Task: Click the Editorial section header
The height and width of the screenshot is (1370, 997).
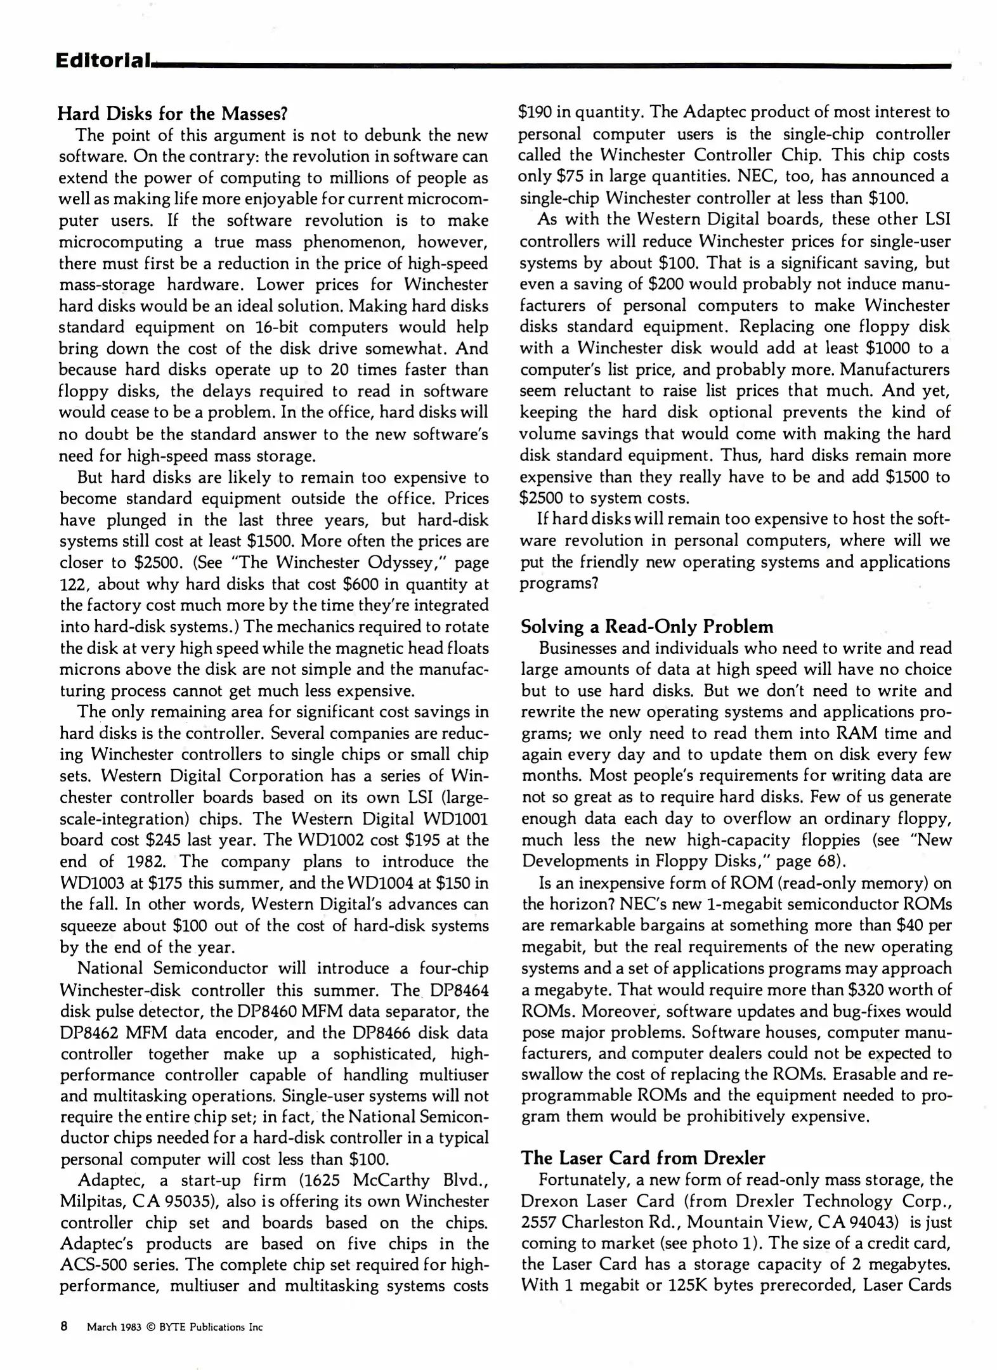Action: [x=103, y=61]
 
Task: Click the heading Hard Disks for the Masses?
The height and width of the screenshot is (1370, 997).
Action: [x=173, y=114]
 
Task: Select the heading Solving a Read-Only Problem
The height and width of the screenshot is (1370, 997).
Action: [x=646, y=627]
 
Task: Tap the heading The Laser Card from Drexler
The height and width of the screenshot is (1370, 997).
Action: [x=642, y=1158]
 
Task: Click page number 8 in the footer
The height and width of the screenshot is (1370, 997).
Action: [x=64, y=1326]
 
